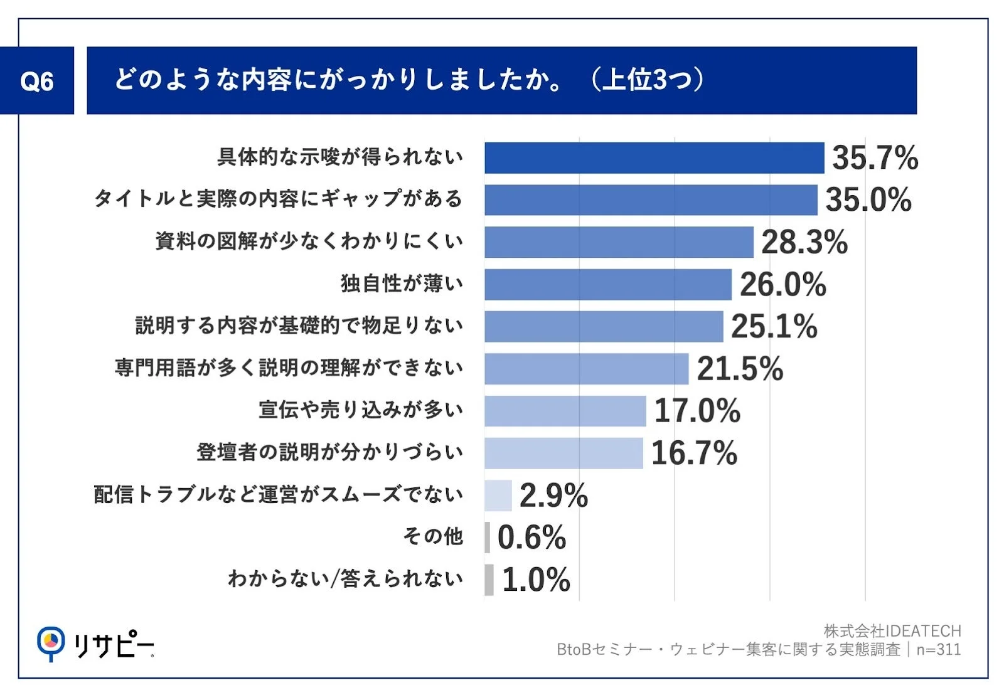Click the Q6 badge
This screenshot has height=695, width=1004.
[36, 81]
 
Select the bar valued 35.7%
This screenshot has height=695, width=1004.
[653, 158]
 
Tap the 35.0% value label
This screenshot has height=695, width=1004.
[868, 200]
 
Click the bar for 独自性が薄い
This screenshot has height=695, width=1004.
[607, 285]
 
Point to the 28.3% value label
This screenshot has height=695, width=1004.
[804, 242]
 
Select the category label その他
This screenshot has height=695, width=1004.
[433, 537]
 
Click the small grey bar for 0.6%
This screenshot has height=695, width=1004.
[488, 538]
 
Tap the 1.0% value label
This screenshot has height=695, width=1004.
[536, 580]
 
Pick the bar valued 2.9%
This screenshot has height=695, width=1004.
[498, 496]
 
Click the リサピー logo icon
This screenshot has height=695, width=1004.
[50, 642]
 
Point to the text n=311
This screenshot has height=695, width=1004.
[939, 650]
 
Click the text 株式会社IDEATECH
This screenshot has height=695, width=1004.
[892, 631]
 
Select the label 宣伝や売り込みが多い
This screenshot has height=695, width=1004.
[361, 410]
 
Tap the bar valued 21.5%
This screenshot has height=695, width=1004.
[586, 369]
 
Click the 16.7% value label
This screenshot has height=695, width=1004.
[694, 453]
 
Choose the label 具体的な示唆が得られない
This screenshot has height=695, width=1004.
[340, 157]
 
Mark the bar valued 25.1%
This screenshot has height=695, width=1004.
[603, 327]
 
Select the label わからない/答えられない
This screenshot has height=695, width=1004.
[345, 579]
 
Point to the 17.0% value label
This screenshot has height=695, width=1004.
[697, 411]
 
